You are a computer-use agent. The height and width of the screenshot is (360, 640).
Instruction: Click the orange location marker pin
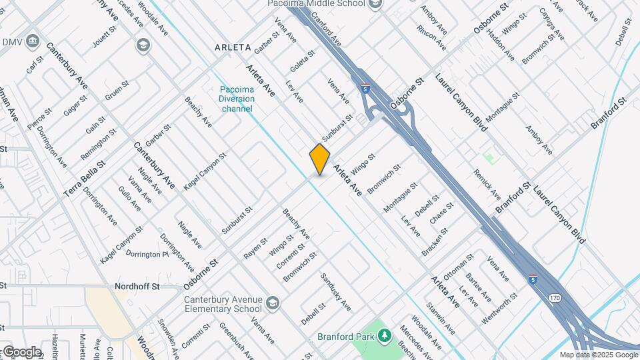(x=320, y=159)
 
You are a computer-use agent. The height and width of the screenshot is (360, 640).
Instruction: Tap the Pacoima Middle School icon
(x=376, y=4)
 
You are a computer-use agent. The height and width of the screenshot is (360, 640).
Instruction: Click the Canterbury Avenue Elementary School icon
(x=272, y=304)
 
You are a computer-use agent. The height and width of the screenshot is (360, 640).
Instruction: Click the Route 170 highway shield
(x=555, y=297)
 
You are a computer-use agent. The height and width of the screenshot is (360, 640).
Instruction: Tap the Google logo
(x=21, y=352)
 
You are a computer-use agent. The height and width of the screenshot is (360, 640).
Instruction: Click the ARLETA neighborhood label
(x=233, y=48)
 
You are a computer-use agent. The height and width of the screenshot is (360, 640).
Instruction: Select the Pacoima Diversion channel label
(x=238, y=99)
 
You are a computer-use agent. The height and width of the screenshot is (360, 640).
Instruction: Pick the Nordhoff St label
(x=137, y=286)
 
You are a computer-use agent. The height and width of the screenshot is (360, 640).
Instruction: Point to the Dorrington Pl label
(x=147, y=254)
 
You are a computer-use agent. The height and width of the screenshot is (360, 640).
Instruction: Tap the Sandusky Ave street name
(x=335, y=291)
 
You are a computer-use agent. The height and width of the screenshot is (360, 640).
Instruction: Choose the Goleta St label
(x=302, y=62)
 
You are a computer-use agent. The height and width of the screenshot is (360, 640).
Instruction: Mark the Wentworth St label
(x=499, y=307)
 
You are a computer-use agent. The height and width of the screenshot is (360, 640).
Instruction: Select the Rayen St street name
(x=255, y=247)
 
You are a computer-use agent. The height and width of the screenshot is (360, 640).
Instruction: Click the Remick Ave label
(x=487, y=185)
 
